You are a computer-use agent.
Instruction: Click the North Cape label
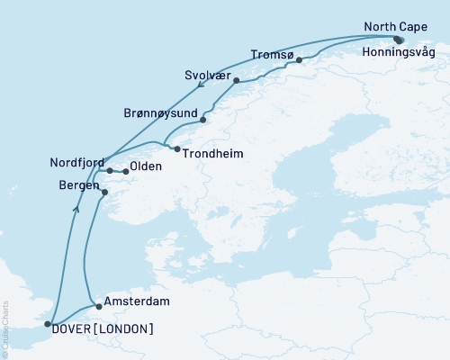pos(397,26)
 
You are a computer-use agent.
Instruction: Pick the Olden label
pos(145,167)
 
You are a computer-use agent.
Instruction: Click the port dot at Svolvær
pos(236,81)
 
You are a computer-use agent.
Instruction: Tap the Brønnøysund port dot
pos(203,120)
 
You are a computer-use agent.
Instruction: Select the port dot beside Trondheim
pos(177,148)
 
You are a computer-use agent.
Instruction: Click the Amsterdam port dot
pos(99,306)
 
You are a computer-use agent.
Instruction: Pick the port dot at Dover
pos(49,323)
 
